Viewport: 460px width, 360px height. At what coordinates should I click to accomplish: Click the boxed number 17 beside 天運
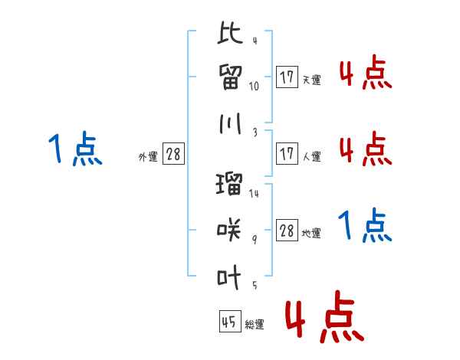[287, 77]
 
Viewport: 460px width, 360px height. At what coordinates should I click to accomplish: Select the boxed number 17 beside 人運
[287, 154]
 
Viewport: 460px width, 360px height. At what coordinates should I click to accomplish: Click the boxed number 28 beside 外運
[173, 155]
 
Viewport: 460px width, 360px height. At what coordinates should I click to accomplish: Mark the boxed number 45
[228, 322]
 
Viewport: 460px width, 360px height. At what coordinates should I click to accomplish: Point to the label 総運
[255, 325]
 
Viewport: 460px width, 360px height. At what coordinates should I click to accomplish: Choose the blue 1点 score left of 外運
[75, 149]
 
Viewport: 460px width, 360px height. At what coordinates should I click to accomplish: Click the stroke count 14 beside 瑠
[255, 193]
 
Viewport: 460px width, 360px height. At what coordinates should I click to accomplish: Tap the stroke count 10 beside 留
[255, 87]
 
